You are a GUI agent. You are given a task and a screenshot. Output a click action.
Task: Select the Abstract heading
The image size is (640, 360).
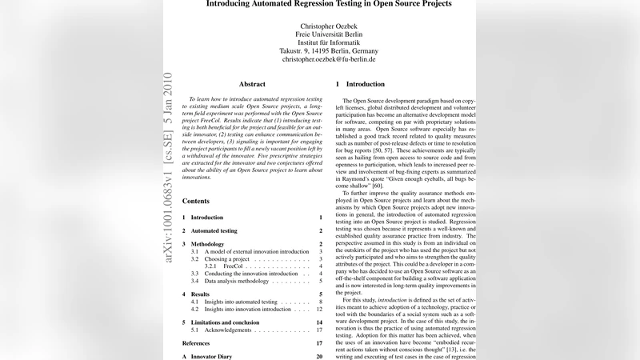[x=252, y=83]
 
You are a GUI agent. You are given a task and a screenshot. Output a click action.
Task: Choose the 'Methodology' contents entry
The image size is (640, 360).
[x=210, y=243]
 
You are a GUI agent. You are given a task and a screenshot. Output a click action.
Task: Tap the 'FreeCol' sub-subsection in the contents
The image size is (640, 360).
[x=234, y=266]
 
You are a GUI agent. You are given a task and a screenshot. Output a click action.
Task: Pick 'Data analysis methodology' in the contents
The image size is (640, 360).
[x=239, y=281]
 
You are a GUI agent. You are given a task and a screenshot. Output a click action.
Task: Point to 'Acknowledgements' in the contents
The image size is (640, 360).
[x=228, y=329]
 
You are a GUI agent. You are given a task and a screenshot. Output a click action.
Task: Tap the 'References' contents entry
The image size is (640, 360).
[x=197, y=342]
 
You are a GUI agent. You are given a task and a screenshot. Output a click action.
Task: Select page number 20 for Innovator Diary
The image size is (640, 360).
[x=319, y=356]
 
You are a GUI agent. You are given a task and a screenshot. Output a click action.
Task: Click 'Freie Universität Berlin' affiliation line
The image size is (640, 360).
[x=328, y=35]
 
